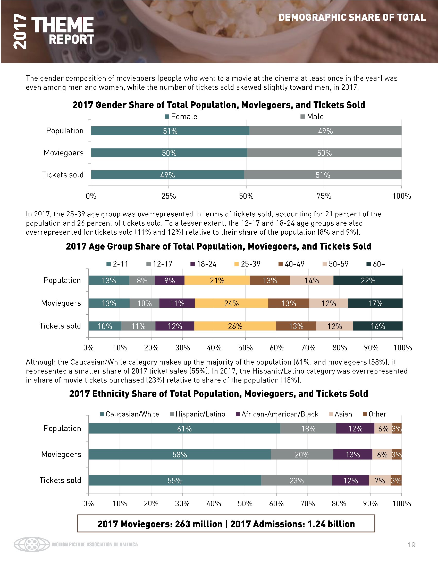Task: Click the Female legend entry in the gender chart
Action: click(181, 117)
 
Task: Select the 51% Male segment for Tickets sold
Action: click(323, 175)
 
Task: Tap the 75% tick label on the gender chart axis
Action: click(324, 196)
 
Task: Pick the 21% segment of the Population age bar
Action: click(217, 280)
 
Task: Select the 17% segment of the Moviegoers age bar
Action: click(375, 303)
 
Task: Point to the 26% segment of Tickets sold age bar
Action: click(235, 326)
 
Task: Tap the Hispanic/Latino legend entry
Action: click(197, 414)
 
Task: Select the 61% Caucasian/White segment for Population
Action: click(184, 429)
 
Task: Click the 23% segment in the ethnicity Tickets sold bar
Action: click(297, 481)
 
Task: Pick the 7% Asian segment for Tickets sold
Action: click(380, 481)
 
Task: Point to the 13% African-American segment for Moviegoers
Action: click(353, 455)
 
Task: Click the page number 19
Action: click(411, 545)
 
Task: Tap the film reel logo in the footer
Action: click(32, 544)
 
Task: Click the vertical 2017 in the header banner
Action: click(20, 32)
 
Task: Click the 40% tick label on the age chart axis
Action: click(214, 348)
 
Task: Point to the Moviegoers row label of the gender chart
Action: click(64, 153)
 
